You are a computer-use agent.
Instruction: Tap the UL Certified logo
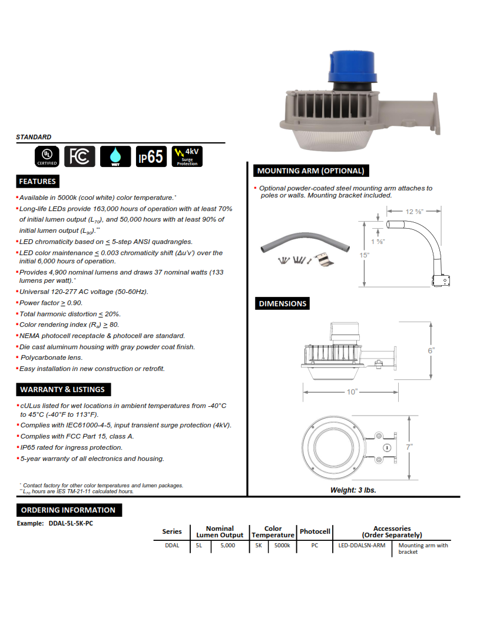tap(47, 156)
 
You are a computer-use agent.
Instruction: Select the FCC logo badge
tap(80, 156)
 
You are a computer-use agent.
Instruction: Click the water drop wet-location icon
tap(115, 156)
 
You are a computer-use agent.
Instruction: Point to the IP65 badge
tap(151, 156)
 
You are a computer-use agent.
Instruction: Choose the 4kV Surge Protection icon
tap(187, 156)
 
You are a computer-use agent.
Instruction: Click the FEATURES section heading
tap(37, 181)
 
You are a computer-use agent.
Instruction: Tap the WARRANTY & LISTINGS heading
tap(62, 389)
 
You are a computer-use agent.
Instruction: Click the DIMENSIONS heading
tap(283, 303)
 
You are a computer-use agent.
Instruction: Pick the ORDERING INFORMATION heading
tap(68, 510)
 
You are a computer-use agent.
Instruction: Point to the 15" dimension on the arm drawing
tap(365, 255)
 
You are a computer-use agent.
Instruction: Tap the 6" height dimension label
tap(431, 350)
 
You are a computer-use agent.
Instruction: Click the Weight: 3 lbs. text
tap(353, 490)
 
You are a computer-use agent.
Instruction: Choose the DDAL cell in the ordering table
tap(172, 546)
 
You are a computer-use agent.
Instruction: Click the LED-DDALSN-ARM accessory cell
tap(362, 546)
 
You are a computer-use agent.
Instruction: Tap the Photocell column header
tap(315, 531)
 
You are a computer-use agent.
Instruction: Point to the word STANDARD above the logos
tap(34, 137)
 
